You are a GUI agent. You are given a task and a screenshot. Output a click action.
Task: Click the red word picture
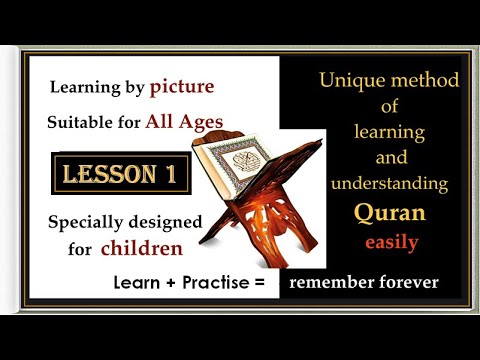coord(181,88)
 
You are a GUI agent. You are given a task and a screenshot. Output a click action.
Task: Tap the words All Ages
coord(179,122)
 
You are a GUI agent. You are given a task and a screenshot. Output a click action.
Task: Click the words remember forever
coord(363,282)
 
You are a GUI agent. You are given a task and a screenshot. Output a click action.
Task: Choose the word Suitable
coord(79,123)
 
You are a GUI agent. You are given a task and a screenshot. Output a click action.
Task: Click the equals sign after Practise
coord(258,283)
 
